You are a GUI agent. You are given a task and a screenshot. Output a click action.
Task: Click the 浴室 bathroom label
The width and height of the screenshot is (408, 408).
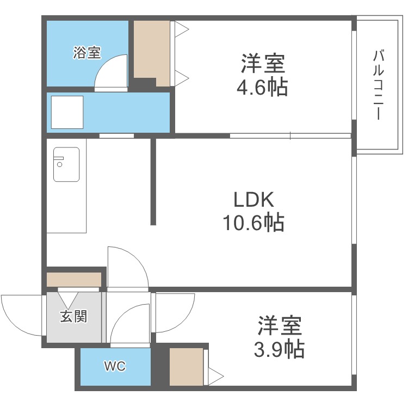[86, 53]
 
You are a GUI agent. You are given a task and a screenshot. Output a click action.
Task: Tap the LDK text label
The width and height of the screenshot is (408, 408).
[254, 200]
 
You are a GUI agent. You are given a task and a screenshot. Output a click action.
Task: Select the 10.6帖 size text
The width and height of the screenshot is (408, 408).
[254, 222]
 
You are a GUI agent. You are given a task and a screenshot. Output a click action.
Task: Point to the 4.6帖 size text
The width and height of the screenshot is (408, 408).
[262, 86]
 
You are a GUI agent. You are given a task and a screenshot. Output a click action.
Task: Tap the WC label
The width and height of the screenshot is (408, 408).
[115, 366]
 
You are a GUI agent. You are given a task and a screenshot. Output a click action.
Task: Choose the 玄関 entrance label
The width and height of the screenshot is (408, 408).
[73, 317]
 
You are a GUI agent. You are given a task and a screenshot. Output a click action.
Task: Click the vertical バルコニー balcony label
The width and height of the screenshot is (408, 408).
[379, 84]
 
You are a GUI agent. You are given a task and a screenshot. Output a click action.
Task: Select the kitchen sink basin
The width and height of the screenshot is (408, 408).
[66, 164]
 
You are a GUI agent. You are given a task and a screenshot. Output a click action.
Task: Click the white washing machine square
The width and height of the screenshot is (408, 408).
[67, 112]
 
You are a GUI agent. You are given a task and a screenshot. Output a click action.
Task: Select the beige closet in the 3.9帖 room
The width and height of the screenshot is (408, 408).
[186, 367]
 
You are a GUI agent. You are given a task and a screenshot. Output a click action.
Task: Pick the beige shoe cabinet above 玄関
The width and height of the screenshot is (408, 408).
[74, 280]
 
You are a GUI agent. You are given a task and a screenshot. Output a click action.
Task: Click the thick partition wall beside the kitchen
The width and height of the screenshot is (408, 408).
[153, 181]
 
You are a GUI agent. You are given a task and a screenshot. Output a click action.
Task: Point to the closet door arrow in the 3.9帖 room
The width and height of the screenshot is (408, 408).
[216, 376]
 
